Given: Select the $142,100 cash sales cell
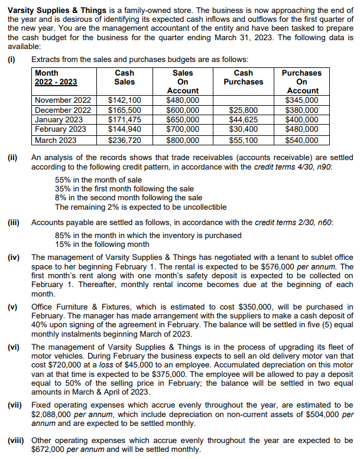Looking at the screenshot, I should coord(124,100).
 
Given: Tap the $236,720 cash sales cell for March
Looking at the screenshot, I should coord(124,141).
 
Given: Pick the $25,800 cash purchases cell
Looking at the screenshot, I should coord(243,110).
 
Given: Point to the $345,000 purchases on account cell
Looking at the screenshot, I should coord(301,100).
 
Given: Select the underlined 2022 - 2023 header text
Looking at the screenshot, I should coord(56,82).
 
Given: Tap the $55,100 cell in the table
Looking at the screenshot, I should coord(243,141).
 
